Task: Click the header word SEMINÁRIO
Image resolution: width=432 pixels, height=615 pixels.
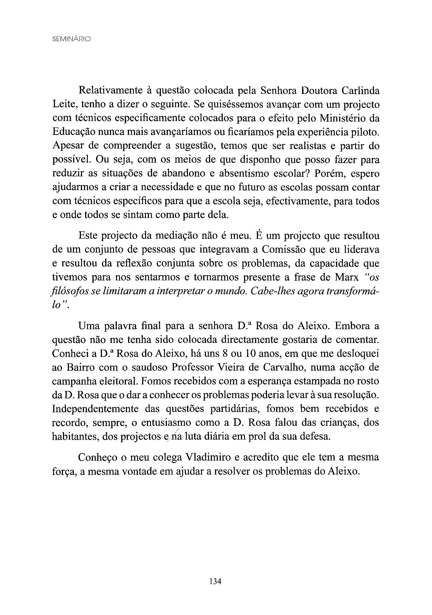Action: click(x=72, y=39)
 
